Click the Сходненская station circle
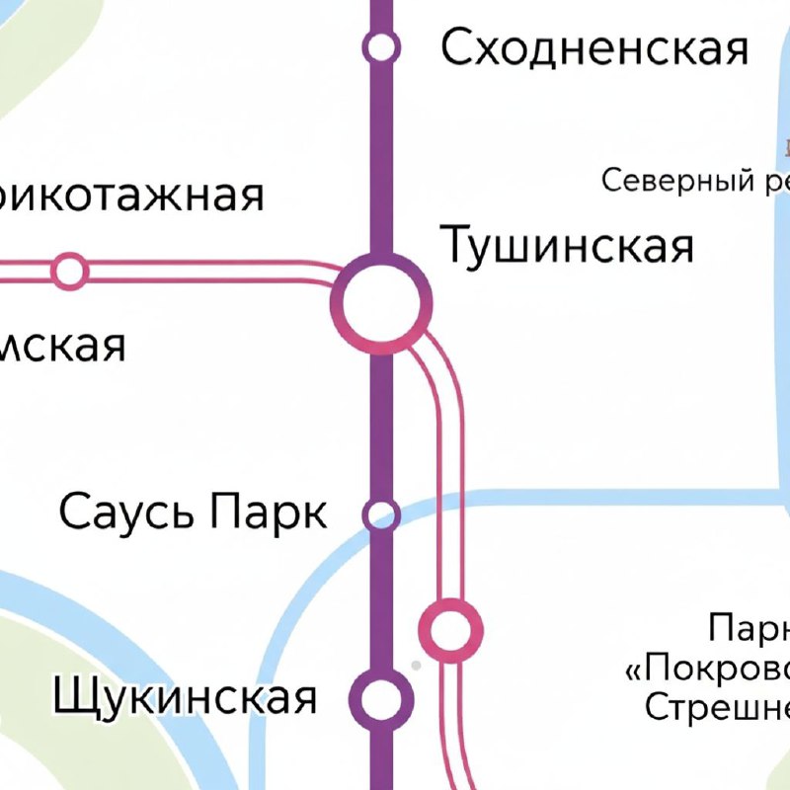point(380,46)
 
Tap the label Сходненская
point(594,47)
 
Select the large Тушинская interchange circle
point(382,302)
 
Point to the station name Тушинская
point(567,245)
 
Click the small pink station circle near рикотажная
point(69,271)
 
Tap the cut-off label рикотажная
point(132,195)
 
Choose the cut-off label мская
point(63,346)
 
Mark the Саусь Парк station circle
point(381,514)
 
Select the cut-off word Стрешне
point(717,707)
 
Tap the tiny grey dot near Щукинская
point(416,666)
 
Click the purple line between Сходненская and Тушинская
point(381,148)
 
